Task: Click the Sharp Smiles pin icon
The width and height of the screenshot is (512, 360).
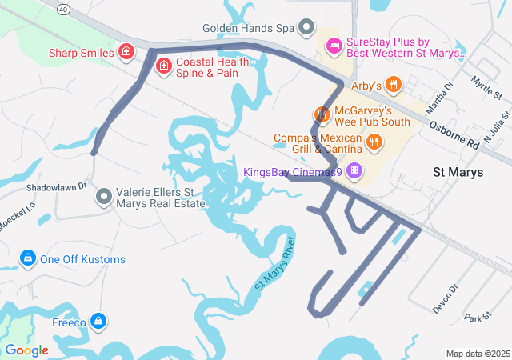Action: point(126,53)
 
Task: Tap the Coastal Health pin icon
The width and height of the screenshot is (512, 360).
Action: point(163,66)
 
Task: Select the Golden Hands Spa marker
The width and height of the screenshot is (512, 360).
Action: point(306,28)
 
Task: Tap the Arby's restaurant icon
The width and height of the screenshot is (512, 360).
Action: point(392,84)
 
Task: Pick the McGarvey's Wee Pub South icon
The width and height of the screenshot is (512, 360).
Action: point(322,114)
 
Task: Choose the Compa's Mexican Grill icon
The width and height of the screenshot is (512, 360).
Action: point(373,142)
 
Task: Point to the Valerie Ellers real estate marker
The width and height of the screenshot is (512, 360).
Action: point(104,196)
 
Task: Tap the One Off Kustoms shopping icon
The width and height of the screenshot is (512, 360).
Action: point(28,258)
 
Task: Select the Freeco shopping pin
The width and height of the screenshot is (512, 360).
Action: point(98,322)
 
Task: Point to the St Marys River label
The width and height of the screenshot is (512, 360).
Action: point(275,263)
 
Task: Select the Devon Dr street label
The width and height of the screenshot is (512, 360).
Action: point(444,298)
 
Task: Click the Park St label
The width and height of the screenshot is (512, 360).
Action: point(477,318)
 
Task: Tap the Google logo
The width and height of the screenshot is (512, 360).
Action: point(26,350)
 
